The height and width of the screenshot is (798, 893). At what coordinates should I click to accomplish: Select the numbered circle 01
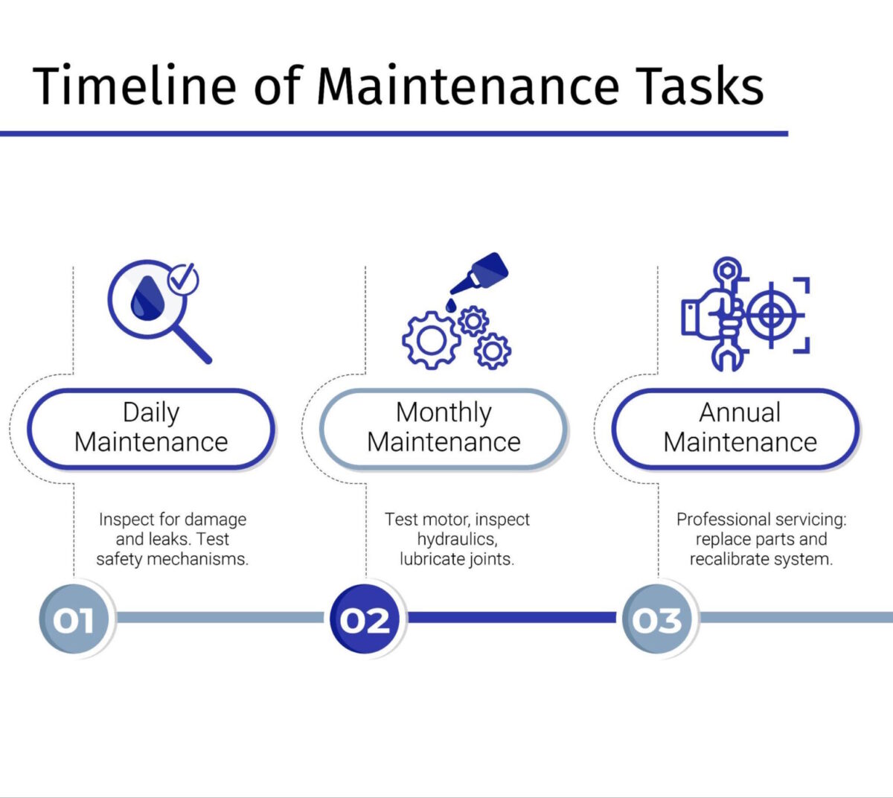(x=74, y=619)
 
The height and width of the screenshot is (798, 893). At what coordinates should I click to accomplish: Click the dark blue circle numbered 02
(x=365, y=619)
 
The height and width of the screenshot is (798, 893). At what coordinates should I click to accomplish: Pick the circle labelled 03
(x=657, y=619)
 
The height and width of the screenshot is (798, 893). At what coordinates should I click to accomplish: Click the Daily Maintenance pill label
(x=151, y=428)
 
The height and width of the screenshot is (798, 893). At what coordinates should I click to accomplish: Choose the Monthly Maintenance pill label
(x=444, y=428)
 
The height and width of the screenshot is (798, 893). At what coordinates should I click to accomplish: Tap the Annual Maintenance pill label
(x=736, y=428)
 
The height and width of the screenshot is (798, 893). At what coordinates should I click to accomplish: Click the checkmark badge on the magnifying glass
(x=182, y=280)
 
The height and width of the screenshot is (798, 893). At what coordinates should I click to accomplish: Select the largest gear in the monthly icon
(x=430, y=339)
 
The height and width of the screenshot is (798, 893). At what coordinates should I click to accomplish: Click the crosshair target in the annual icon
(x=772, y=315)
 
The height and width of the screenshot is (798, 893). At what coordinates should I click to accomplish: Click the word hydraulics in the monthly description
(x=456, y=539)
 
